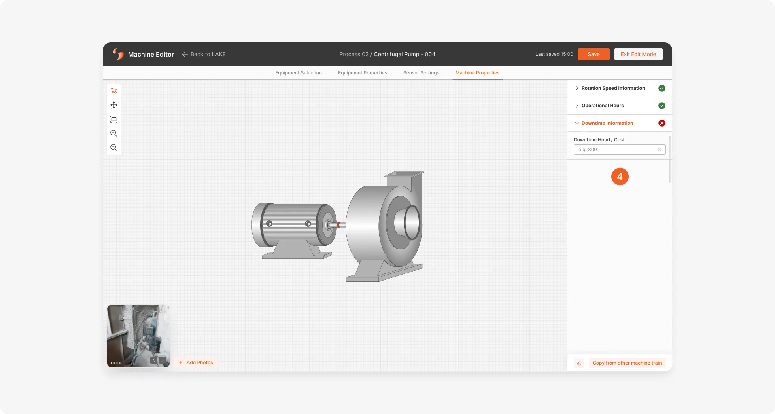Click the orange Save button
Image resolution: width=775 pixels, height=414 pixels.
(x=594, y=54)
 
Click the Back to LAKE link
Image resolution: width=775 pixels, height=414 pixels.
(x=204, y=54)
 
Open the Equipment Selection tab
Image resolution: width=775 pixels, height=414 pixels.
(x=299, y=73)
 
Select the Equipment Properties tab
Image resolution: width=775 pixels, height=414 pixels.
(x=363, y=73)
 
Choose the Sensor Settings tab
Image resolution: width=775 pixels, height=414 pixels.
(x=421, y=73)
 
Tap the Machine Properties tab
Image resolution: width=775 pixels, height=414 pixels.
(x=477, y=73)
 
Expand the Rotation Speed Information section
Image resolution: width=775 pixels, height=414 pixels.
(x=613, y=88)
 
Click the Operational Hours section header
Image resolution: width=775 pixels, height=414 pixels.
(x=602, y=106)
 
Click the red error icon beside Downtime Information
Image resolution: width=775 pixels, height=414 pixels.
(x=662, y=123)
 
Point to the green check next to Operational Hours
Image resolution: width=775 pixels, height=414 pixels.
(x=662, y=106)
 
